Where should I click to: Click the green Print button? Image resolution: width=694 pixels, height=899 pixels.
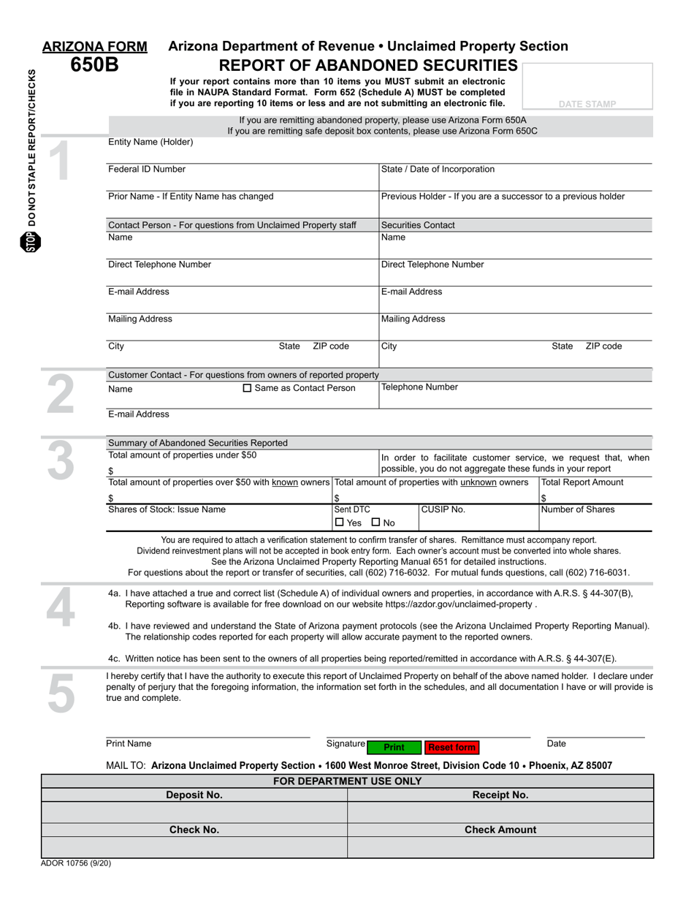click(x=394, y=747)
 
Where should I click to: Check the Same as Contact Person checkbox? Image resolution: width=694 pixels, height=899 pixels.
click(x=247, y=388)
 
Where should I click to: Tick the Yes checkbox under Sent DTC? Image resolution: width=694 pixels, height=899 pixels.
click(x=339, y=523)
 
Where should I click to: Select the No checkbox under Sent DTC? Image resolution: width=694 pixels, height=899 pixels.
click(x=375, y=523)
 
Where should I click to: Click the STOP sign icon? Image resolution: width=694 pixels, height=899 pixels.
click(x=31, y=242)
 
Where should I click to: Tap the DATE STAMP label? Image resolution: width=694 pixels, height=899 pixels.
click(x=587, y=105)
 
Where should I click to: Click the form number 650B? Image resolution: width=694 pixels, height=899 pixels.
click(x=94, y=65)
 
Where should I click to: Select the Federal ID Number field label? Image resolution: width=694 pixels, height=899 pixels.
click(x=147, y=170)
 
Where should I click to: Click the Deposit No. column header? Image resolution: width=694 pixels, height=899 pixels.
click(x=194, y=795)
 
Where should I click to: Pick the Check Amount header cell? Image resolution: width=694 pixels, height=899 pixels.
click(x=500, y=830)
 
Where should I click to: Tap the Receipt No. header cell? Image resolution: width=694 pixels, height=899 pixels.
click(x=500, y=795)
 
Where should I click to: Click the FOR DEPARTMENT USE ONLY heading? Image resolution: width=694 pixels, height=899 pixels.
click(x=347, y=781)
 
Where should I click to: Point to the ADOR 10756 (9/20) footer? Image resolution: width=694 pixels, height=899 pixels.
click(x=76, y=863)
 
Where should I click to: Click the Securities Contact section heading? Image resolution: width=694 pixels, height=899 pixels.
click(x=418, y=225)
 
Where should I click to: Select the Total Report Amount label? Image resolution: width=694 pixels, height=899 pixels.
click(x=582, y=482)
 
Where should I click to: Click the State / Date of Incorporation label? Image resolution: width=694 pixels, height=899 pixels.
click(x=438, y=170)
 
